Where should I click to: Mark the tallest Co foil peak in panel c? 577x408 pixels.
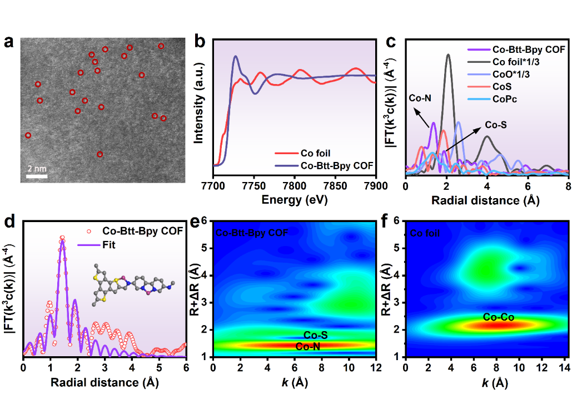(449, 55)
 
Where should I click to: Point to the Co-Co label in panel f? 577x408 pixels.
(498, 317)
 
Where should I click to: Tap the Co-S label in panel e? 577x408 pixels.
(315, 335)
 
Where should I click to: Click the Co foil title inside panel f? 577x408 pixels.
(425, 234)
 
